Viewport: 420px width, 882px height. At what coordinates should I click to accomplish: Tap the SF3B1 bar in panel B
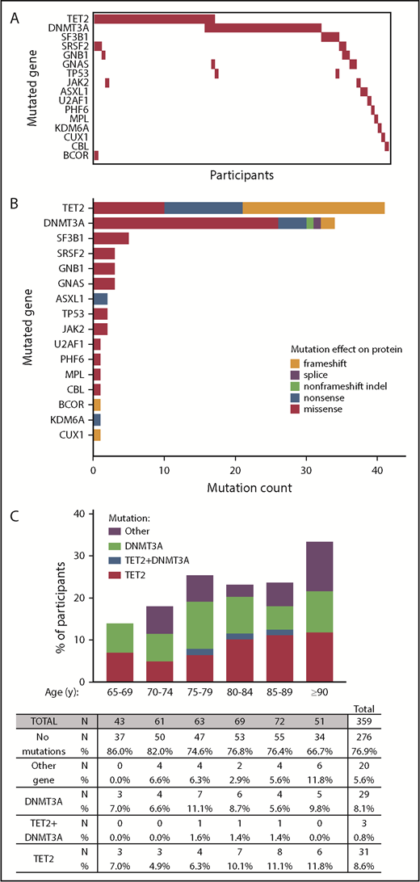pyautogui.click(x=111, y=237)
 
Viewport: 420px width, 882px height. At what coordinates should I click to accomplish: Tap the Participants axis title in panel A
pyautogui.click(x=241, y=174)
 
